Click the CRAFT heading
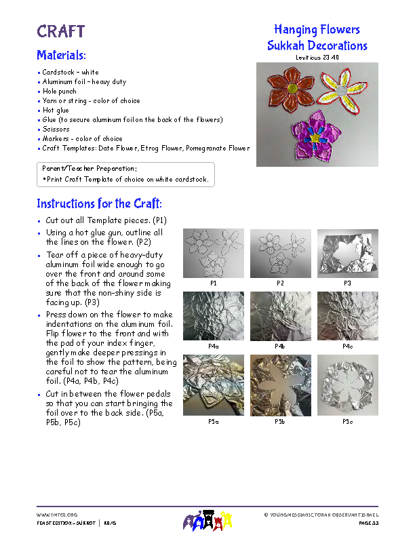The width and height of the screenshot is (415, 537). coord(61,31)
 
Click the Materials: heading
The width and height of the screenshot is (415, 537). coord(61,55)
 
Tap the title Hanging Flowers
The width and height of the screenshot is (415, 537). coord(317,30)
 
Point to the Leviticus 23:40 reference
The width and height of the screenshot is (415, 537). coord(317,58)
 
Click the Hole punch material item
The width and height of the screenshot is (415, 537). coord(60,91)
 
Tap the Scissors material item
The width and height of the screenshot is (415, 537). coord(56,129)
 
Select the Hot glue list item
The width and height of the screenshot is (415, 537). coord(56,110)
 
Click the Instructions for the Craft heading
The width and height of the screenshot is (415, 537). coord(99,203)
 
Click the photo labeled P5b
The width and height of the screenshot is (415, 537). coord(280,385)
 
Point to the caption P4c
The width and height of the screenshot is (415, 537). coord(347,346)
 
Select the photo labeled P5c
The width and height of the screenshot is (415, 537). coord(347,385)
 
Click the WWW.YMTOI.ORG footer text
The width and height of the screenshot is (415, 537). coord(57,515)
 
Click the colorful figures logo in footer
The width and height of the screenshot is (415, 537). coord(207,520)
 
